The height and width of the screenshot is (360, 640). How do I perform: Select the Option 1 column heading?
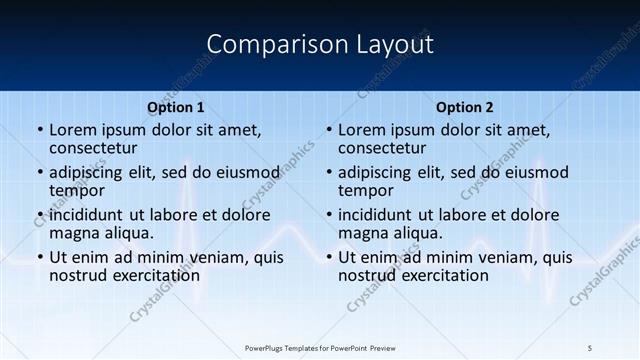176,107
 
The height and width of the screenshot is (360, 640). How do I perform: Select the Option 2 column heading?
465,107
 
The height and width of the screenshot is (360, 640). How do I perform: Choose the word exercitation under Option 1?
155,275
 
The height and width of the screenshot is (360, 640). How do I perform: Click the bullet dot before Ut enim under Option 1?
39,257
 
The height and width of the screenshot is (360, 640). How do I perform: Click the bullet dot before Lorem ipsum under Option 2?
328,130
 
